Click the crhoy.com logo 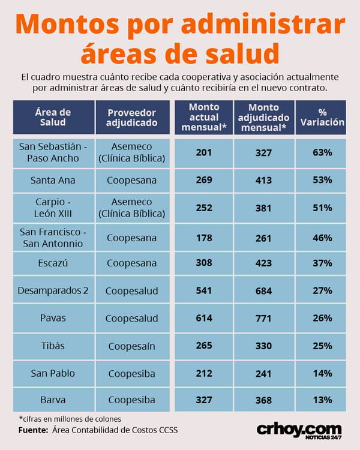click(299, 431)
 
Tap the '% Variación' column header click(321, 117)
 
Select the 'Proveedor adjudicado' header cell click(133, 117)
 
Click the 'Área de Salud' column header click(53, 117)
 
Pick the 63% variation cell click(321, 153)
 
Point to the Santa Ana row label click(53, 181)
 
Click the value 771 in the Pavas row click(264, 318)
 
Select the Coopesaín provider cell click(133, 346)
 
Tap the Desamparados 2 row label click(53, 290)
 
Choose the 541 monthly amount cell click(204, 290)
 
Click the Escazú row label click(53, 263)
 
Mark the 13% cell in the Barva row click(321, 400)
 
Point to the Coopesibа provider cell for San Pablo click(133, 374)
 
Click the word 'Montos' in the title click(67, 24)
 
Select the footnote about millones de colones click(70, 419)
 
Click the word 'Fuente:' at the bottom click(33, 430)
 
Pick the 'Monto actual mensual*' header click(204, 117)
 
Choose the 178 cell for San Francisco click(204, 238)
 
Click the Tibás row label click(53, 346)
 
